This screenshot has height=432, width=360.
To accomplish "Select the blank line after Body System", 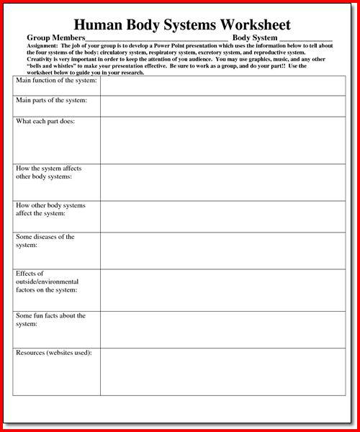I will [305, 38].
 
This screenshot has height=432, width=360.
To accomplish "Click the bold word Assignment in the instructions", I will [45, 45].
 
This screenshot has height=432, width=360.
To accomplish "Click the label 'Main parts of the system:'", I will [51, 101].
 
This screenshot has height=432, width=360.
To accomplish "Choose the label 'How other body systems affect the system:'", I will [50, 210].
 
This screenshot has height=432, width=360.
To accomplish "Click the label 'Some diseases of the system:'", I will [45, 241].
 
